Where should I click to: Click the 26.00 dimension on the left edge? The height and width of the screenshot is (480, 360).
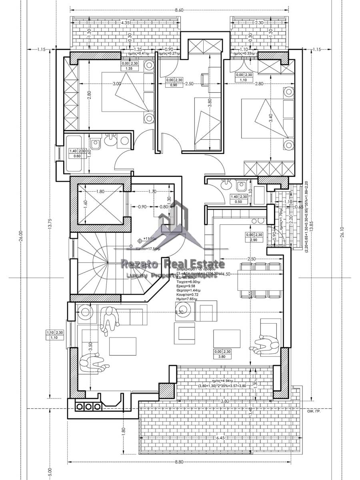pyautogui.click(x=21, y=236)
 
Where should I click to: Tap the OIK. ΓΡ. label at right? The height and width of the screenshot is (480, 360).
pyautogui.click(x=314, y=411)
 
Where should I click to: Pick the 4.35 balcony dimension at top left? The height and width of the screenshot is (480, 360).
pyautogui.click(x=126, y=23)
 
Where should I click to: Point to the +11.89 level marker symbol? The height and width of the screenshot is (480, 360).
pyautogui.click(x=140, y=241)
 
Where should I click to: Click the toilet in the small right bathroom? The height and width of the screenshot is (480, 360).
pyautogui.click(x=242, y=186)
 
